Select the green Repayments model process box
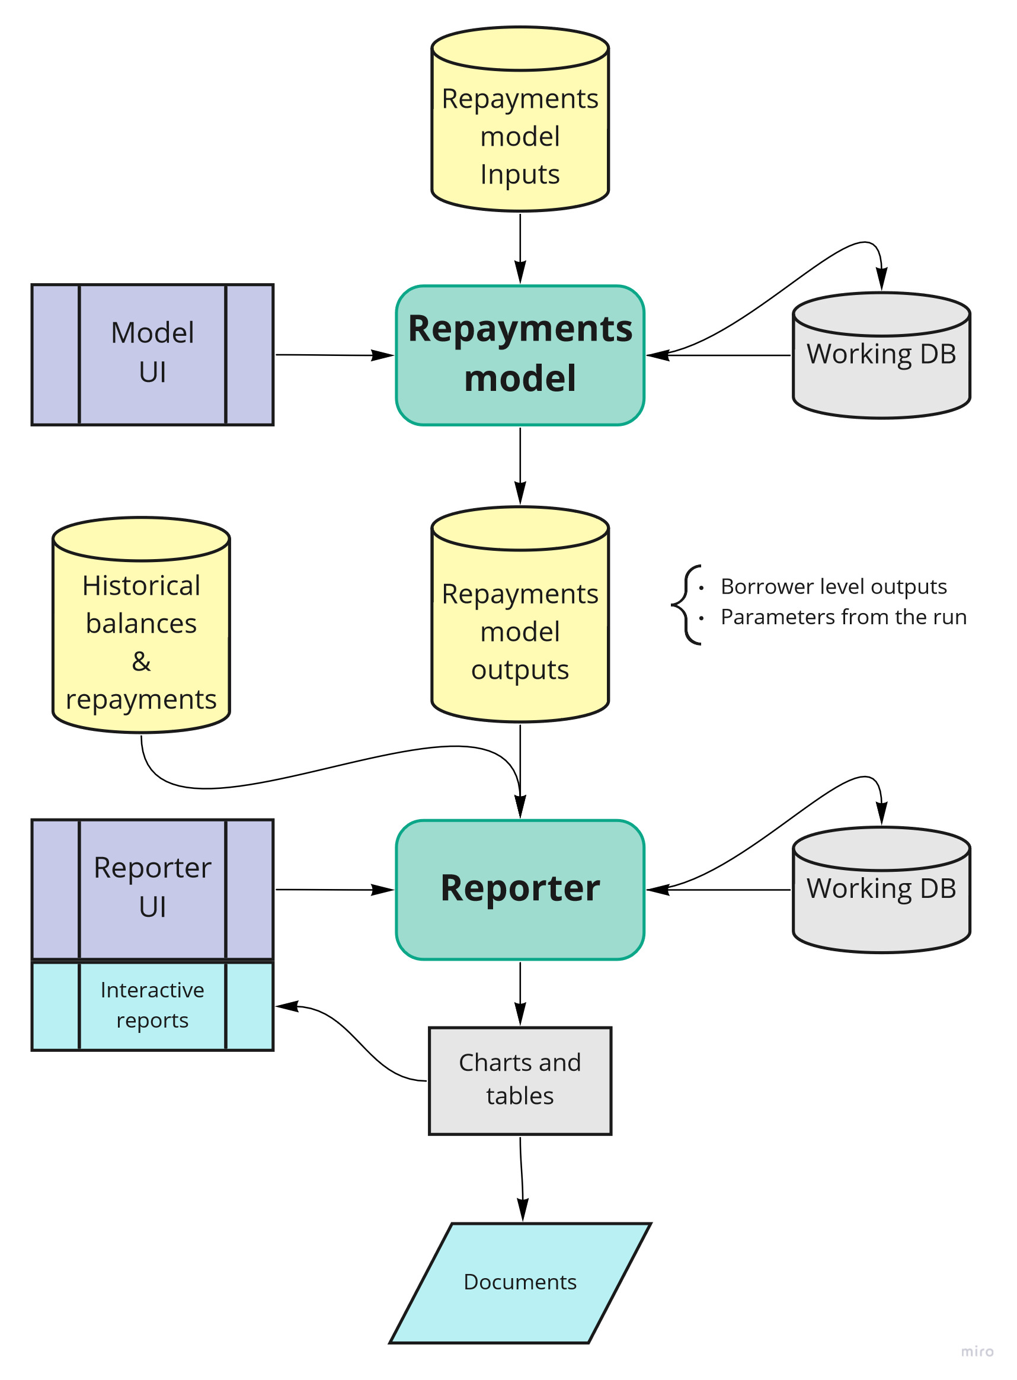(520, 355)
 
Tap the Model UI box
(152, 354)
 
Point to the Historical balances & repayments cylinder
(141, 640)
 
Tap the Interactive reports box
(152, 1004)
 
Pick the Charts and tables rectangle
(520, 1080)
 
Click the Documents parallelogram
(520, 1282)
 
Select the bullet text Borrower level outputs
(833, 586)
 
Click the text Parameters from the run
(843, 617)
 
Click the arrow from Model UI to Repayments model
(332, 355)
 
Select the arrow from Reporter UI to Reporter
(332, 889)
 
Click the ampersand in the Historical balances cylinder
(141, 662)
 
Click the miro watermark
(976, 1351)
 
